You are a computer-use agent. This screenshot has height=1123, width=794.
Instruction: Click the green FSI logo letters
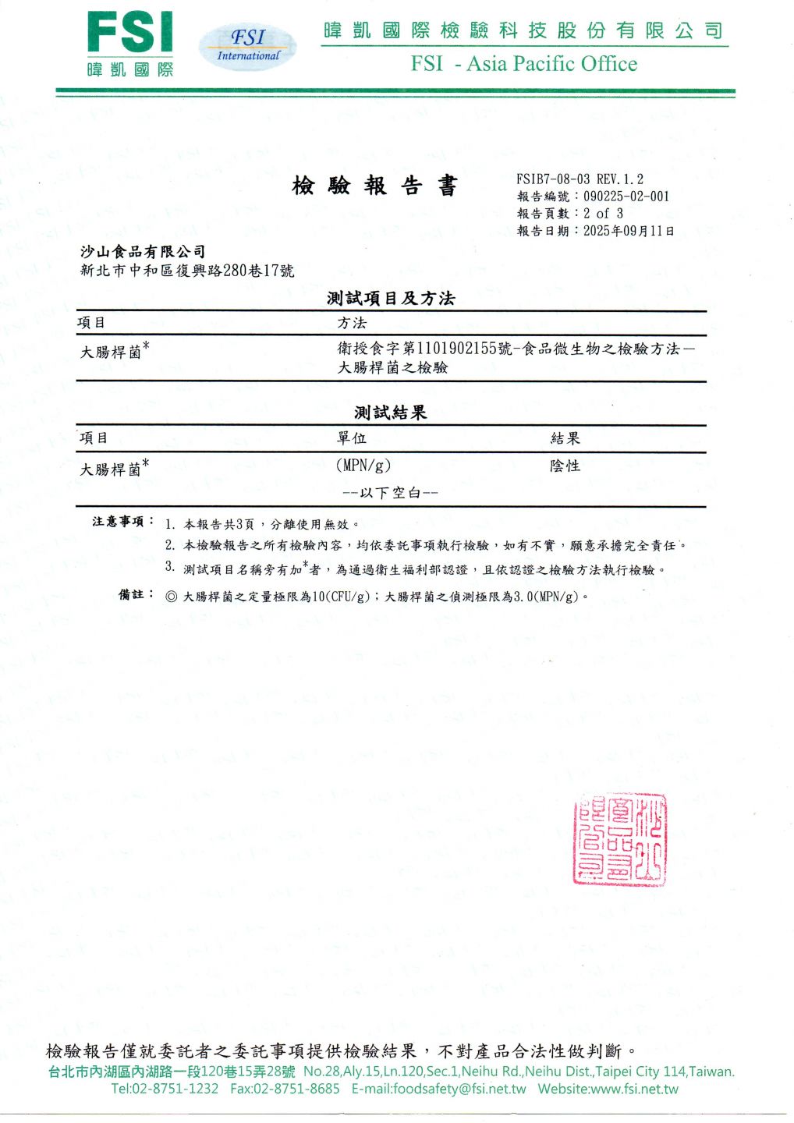pyautogui.click(x=129, y=33)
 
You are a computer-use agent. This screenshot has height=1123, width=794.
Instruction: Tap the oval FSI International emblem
pyautogui.click(x=248, y=45)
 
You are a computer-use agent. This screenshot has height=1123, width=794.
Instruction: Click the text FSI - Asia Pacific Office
pyautogui.click(x=524, y=64)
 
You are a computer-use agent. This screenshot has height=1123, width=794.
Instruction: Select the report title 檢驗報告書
pyautogui.click(x=374, y=186)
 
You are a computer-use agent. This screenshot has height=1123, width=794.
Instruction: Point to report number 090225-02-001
pyautogui.click(x=626, y=197)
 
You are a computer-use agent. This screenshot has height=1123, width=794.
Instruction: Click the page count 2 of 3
pyautogui.click(x=603, y=214)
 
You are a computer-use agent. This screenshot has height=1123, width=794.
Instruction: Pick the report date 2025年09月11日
pyautogui.click(x=629, y=231)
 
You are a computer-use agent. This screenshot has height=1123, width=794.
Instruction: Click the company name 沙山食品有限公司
pyautogui.click(x=144, y=251)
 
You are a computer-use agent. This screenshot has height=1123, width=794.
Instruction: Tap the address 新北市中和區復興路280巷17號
pyautogui.click(x=187, y=271)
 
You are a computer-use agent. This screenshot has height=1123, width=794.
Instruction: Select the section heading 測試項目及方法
pyautogui.click(x=391, y=298)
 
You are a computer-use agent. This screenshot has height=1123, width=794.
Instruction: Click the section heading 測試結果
pyautogui.click(x=391, y=413)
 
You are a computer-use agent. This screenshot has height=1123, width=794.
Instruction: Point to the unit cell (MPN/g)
pyautogui.click(x=363, y=466)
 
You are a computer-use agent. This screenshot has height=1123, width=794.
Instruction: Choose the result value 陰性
pyautogui.click(x=565, y=466)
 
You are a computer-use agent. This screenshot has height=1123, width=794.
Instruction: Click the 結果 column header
pyautogui.click(x=565, y=438)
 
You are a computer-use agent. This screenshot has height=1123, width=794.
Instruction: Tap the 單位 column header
pyautogui.click(x=352, y=438)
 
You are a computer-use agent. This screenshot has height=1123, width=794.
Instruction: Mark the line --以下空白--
pyautogui.click(x=391, y=493)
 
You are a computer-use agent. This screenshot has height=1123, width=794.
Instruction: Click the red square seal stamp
pyautogui.click(x=620, y=840)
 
